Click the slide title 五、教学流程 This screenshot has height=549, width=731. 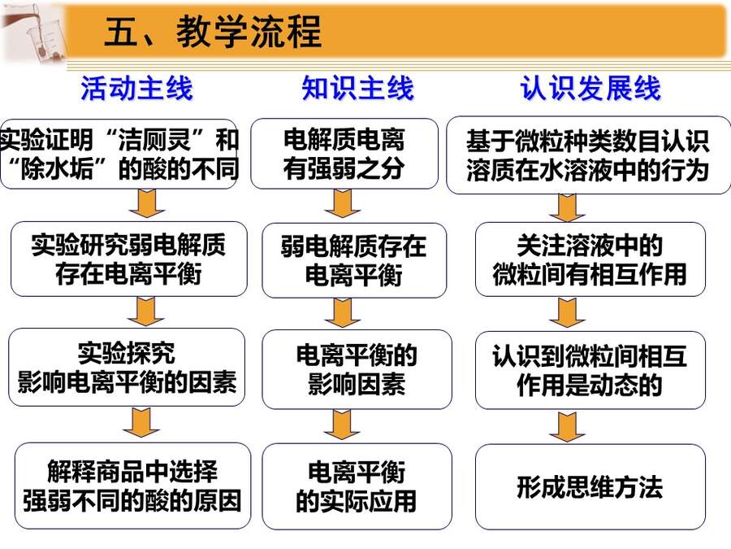pos(213,31)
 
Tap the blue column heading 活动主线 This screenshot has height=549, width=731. pos(136,88)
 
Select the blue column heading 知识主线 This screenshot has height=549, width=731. pos(357,88)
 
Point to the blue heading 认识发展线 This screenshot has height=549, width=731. pos(590,88)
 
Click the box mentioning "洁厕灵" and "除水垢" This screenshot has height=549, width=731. pos(119,154)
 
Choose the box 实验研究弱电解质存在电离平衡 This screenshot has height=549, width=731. pos(128,259)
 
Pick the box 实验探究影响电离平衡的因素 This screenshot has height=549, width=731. pos(127,368)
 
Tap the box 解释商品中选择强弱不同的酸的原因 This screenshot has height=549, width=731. pos(132,486)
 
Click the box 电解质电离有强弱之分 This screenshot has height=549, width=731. pos(344,154)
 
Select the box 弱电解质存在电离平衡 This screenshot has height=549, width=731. pos(354,260)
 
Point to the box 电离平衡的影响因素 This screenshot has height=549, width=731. pos(357,369)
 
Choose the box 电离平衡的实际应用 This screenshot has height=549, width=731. pos(357,486)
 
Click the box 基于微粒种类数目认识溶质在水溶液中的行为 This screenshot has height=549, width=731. pos(588,155)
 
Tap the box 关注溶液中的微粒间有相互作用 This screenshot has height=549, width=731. pos(590,259)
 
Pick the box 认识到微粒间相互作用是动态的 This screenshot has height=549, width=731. pos(590,370)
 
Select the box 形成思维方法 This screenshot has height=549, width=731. pos(590,487)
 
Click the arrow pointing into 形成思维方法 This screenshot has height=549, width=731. pos(567,427)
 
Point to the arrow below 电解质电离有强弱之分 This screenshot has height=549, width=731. pos(343,203)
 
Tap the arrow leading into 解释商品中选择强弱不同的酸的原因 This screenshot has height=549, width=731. pos(141,422)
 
